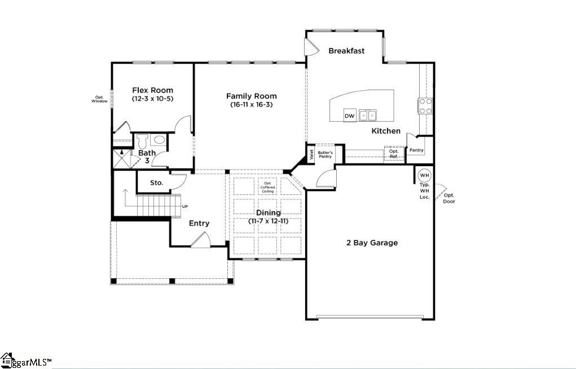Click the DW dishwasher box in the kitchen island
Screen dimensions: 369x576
(350, 115)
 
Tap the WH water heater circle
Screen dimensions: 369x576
(424, 175)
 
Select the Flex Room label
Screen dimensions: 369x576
(152, 90)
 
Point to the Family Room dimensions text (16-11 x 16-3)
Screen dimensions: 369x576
(251, 105)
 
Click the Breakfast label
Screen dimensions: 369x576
(346, 51)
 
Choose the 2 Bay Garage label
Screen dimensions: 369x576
(372, 243)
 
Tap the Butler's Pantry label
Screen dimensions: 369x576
(325, 155)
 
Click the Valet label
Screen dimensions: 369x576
(311, 155)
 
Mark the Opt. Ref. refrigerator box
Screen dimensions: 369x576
(394, 153)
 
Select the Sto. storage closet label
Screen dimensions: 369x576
(156, 183)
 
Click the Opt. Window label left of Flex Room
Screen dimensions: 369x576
(99, 99)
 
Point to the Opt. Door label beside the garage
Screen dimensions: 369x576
(449, 198)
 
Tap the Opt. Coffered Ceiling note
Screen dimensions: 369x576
(267, 187)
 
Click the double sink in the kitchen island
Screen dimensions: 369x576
(368, 115)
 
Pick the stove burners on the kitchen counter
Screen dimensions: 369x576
(425, 106)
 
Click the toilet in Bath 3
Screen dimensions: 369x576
(143, 140)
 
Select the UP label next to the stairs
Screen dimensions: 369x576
(185, 206)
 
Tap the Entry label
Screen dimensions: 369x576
(199, 223)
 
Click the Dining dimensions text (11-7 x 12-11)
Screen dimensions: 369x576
(269, 221)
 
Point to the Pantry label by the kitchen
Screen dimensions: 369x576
(416, 150)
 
